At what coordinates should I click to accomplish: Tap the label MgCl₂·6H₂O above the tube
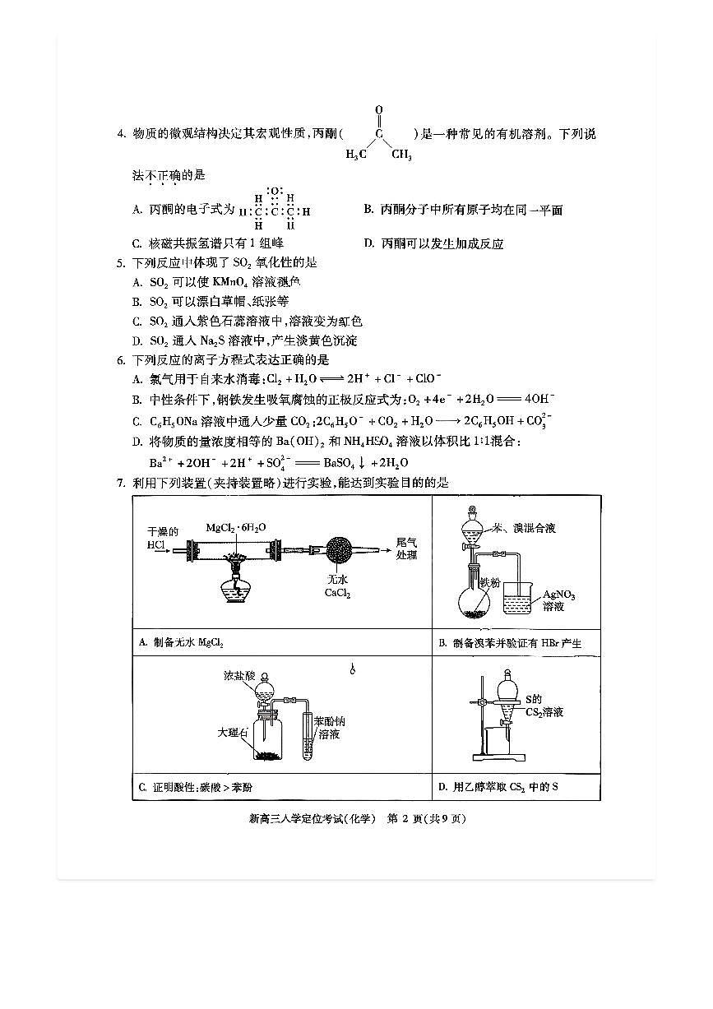click(x=236, y=527)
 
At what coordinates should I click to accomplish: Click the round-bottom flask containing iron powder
click(x=473, y=601)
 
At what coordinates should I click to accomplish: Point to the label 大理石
click(x=233, y=729)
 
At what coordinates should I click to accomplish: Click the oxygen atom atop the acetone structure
click(x=379, y=109)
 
